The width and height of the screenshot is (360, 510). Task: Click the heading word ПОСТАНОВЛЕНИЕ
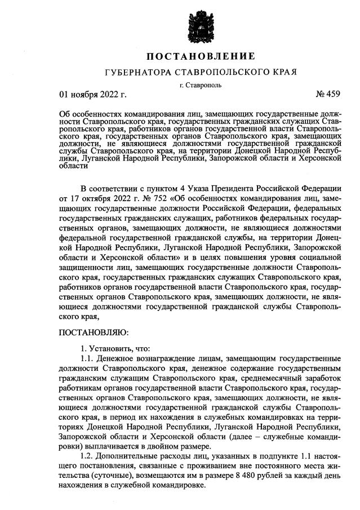pos(201,56)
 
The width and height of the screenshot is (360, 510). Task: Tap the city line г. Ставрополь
pos(201,85)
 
